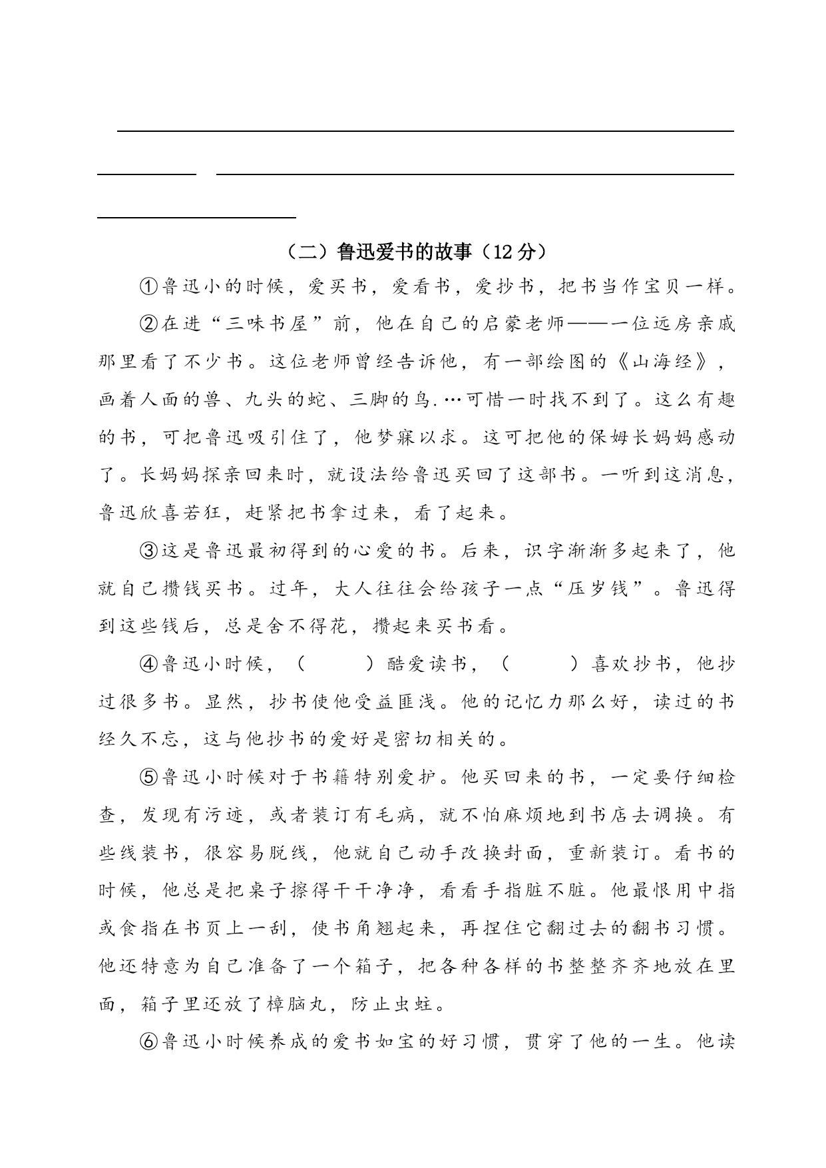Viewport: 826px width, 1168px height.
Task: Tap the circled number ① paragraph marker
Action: pyautogui.click(x=148, y=287)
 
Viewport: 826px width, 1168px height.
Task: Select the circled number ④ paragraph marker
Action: pyautogui.click(x=148, y=664)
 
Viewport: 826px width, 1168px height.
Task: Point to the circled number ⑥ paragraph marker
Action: pyautogui.click(x=148, y=1041)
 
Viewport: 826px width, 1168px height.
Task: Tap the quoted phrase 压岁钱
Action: pyautogui.click(x=597, y=589)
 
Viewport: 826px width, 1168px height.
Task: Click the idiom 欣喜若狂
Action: pyautogui.click(x=173, y=513)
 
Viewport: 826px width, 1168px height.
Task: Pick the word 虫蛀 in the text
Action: pyautogui.click(x=413, y=1003)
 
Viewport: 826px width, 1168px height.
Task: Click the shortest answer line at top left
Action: pyautogui.click(x=147, y=174)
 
